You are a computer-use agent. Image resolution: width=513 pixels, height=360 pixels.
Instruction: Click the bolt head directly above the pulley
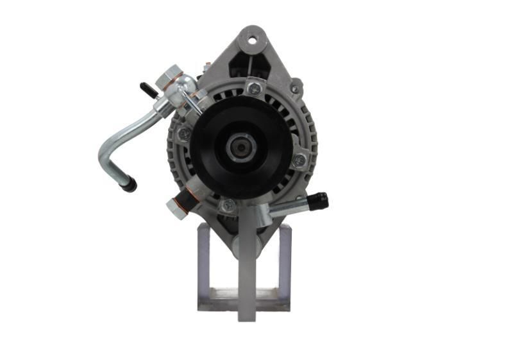pyautogui.click(x=254, y=89)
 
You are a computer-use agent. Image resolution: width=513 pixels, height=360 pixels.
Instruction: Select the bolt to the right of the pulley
pyautogui.click(x=299, y=160)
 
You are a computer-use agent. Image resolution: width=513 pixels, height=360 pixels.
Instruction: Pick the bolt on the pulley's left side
pyautogui.click(x=184, y=134)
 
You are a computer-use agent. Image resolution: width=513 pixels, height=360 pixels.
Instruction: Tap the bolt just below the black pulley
pyautogui.click(x=228, y=206)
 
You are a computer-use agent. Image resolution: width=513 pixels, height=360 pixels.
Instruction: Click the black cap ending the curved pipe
pyautogui.click(x=129, y=185)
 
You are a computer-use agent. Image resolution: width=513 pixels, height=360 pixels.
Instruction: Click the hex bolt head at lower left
pyautogui.click(x=174, y=207)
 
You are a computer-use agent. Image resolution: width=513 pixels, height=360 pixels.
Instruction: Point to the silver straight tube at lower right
pyautogui.click(x=289, y=207)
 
